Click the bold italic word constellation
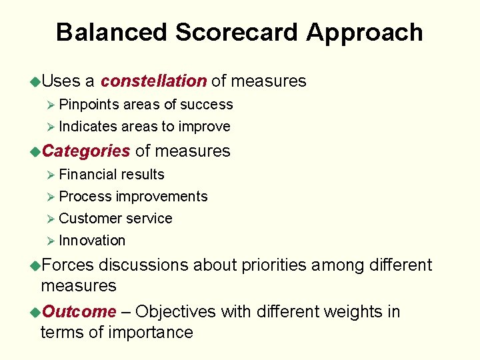tap(153, 81)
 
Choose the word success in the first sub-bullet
tap(207, 105)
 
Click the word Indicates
tap(89, 127)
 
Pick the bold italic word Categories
tap(86, 151)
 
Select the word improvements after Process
tap(161, 197)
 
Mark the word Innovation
tap(92, 241)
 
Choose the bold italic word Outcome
tap(79, 311)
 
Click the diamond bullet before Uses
tap(35, 82)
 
